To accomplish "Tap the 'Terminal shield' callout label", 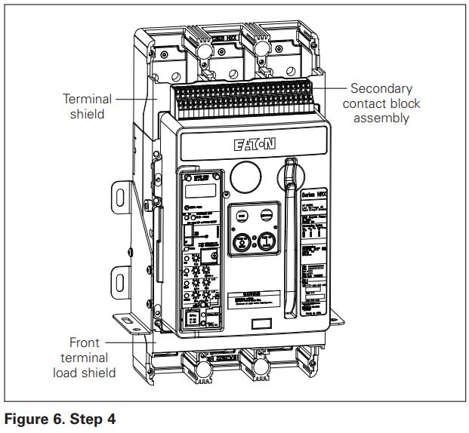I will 88,106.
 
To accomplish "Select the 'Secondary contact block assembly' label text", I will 385,103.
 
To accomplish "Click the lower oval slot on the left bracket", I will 120,283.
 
